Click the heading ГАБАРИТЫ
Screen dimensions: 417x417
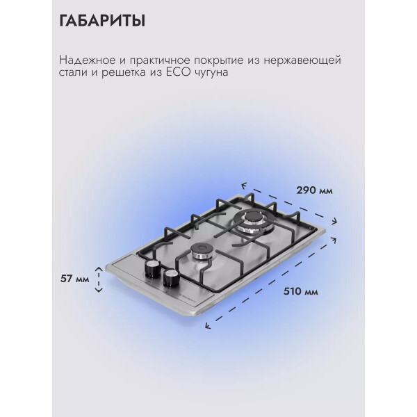[x=102, y=21]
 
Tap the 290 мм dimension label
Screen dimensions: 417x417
[x=314, y=190]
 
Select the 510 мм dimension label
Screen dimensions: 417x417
[x=300, y=291]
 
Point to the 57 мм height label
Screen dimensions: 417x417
[x=75, y=279]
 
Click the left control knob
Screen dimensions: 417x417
[x=152, y=268]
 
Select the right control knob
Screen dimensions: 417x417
[x=172, y=278]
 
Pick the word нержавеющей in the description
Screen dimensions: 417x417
[x=302, y=61]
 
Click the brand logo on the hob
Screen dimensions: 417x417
[x=188, y=299]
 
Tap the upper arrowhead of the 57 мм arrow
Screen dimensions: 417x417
[x=99, y=268]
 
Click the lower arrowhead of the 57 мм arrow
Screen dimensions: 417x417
[x=99, y=290]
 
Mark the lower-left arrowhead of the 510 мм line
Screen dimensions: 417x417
[x=208, y=325]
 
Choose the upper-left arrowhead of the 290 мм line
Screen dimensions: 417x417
[x=244, y=185]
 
